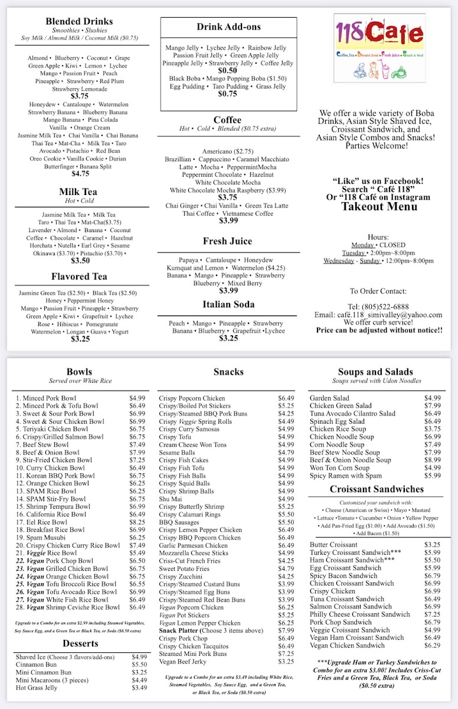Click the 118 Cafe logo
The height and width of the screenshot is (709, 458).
click(380, 48)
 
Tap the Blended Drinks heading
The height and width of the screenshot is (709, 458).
click(79, 21)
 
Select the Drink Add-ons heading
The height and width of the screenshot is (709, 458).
click(228, 27)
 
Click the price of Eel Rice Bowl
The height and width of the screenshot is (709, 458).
click(137, 522)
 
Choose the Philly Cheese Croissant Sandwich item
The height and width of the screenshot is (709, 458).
click(359, 614)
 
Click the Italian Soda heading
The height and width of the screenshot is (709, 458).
click(228, 304)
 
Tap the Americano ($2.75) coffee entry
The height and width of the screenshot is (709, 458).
click(228, 151)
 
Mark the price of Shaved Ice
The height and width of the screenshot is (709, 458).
click(139, 656)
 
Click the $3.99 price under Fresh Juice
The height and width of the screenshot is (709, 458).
click(228, 291)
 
